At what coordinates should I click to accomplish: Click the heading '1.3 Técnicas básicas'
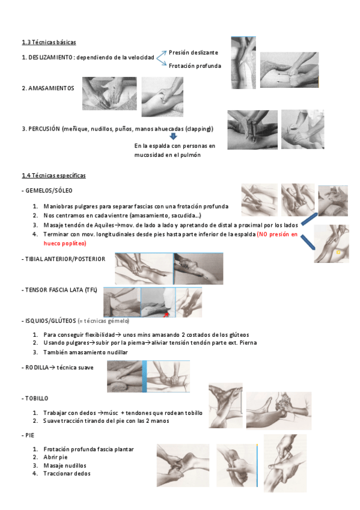click(49, 42)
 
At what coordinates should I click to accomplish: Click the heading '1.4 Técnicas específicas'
click(53, 176)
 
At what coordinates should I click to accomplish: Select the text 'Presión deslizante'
click(194, 53)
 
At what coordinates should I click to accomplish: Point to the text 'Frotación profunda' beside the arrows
click(195, 66)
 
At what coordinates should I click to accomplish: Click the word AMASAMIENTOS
click(51, 88)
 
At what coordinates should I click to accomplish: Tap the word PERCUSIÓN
click(44, 129)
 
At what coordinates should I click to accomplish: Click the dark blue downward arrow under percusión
click(174, 137)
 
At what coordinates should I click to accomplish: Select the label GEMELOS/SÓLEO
click(49, 191)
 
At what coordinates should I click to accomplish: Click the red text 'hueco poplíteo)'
click(65, 244)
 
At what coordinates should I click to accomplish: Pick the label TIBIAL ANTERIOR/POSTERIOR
click(65, 259)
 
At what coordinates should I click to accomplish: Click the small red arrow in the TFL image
click(166, 315)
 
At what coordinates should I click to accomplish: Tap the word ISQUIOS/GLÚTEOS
click(50, 321)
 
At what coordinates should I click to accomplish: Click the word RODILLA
click(37, 367)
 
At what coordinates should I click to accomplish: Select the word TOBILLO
click(37, 398)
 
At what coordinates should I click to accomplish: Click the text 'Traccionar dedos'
click(67, 473)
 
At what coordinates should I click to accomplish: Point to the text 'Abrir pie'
click(55, 457)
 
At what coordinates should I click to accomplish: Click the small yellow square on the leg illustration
click(338, 252)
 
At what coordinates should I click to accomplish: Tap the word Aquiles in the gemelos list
click(104, 225)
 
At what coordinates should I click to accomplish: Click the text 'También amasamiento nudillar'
click(85, 352)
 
